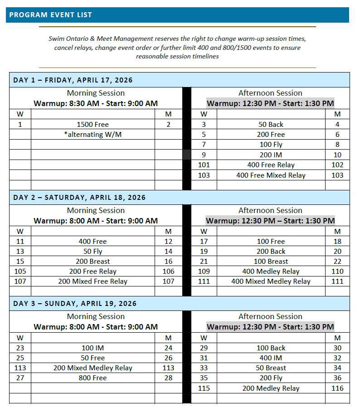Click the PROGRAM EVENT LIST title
point(50,15)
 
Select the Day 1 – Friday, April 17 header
point(73,80)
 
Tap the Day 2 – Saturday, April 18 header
point(79,198)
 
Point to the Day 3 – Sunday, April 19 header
point(75,304)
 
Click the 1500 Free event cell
point(92,125)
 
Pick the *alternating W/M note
point(92,135)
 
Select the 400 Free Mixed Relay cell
point(271,175)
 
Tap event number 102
point(337,165)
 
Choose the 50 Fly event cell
point(92,252)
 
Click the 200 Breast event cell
point(92,262)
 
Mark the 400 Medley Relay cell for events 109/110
point(271,271)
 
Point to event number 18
point(337,242)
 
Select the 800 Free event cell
point(92,378)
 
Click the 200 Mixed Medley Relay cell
point(92,368)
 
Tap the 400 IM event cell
point(271,358)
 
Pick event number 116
point(337,388)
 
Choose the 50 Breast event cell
point(271,368)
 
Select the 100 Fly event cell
point(271,145)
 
